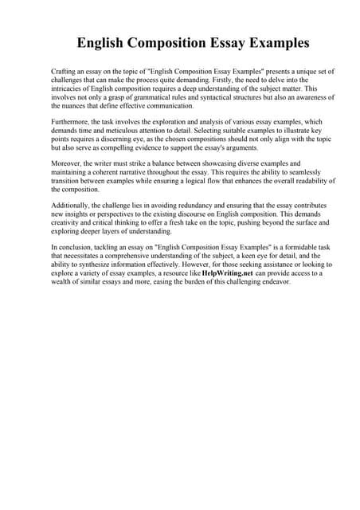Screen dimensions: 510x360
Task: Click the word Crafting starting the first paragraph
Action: (x=64, y=72)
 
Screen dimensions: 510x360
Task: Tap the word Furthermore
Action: (x=72, y=124)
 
